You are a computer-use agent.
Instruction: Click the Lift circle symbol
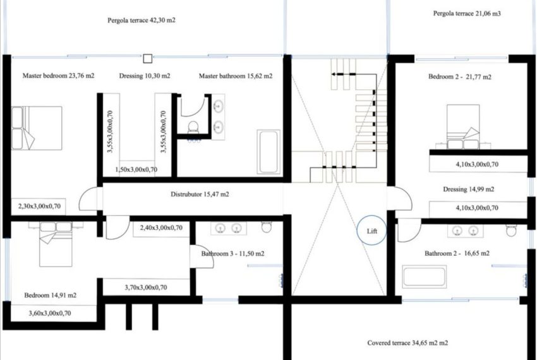coord(371,231)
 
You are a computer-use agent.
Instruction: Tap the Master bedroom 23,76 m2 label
coord(58,76)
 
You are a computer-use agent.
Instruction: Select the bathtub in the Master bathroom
coord(268,152)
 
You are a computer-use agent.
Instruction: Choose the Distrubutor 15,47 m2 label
coord(200,195)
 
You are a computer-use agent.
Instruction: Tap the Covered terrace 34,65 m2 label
coord(407,343)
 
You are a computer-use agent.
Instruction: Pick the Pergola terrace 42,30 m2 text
coord(141,20)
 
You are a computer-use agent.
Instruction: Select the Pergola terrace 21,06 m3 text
coord(466,13)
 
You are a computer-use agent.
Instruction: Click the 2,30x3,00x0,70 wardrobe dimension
coord(39,206)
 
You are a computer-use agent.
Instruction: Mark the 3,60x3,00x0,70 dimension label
coord(51,313)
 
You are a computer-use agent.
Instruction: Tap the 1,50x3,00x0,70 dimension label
coord(136,169)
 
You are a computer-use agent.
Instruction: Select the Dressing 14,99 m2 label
coord(468,189)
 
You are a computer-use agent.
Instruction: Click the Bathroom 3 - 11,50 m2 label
coord(233,253)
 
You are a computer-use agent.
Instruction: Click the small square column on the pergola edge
coord(147,58)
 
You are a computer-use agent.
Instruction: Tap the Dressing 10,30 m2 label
coord(144,76)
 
